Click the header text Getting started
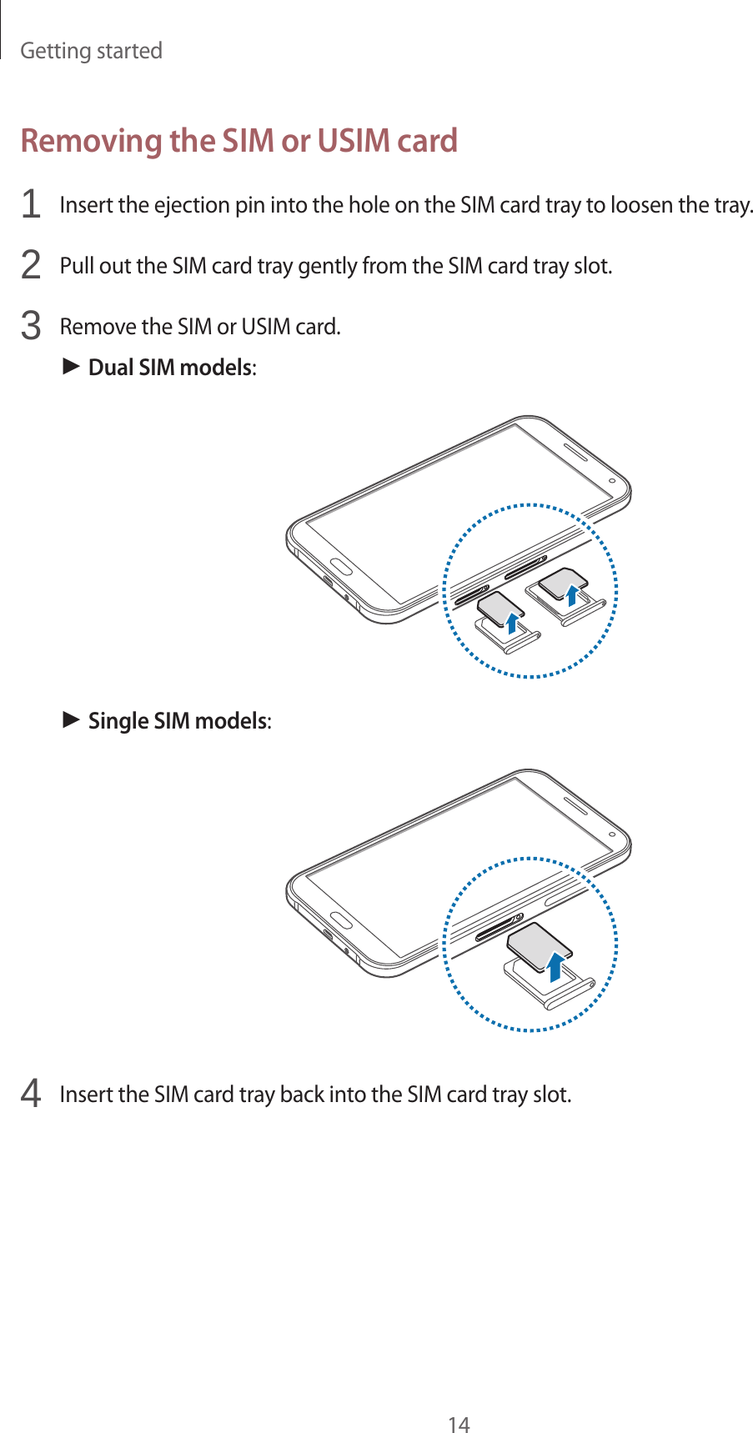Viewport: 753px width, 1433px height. click(91, 51)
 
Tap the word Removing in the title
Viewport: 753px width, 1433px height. click(91, 140)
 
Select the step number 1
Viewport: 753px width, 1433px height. click(31, 204)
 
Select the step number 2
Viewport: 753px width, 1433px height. click(31, 265)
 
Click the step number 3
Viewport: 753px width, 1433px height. click(31, 326)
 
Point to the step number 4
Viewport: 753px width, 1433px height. click(31, 1093)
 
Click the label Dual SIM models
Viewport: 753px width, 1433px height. click(170, 368)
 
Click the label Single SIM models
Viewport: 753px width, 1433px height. click(178, 720)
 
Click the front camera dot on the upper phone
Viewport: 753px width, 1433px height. click(612, 481)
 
